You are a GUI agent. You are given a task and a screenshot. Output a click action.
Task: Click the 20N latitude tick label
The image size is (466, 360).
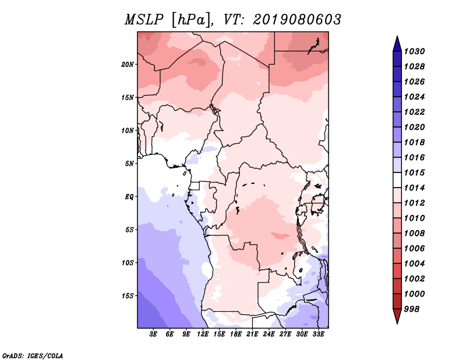click(128, 65)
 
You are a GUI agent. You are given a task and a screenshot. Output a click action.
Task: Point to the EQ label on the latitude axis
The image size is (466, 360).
click(129, 197)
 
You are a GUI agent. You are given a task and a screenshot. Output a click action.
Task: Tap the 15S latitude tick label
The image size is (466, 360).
click(128, 296)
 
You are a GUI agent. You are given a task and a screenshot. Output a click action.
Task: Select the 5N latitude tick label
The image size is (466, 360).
click(129, 164)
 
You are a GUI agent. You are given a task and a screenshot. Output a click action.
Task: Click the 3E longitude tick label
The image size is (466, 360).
click(153, 334)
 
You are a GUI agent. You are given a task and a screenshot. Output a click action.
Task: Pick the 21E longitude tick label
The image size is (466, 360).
click(252, 334)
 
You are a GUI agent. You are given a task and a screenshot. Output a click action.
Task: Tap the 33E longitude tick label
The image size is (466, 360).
click(318, 334)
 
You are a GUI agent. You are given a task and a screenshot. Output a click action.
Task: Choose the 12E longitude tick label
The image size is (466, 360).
click(203, 334)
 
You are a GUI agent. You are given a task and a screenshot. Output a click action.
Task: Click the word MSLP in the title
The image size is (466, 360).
click(144, 20)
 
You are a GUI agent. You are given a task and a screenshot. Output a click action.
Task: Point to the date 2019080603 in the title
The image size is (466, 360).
click(297, 20)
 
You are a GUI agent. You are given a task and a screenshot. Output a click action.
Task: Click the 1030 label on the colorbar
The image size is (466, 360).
click(414, 51)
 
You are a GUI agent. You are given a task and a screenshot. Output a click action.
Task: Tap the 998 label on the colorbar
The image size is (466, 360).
click(412, 309)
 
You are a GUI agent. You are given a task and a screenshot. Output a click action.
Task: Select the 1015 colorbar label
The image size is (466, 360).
click(414, 172)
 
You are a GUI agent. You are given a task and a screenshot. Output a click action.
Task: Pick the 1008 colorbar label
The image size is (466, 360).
click(414, 234)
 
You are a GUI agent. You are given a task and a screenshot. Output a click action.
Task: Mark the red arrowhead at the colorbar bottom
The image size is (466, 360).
click(397, 316)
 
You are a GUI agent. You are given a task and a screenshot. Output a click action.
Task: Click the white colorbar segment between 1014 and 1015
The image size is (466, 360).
click(397, 180)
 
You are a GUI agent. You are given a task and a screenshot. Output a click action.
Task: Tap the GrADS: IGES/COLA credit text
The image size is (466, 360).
click(33, 355)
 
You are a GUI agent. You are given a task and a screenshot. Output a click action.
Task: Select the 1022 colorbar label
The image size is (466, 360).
click(414, 112)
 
